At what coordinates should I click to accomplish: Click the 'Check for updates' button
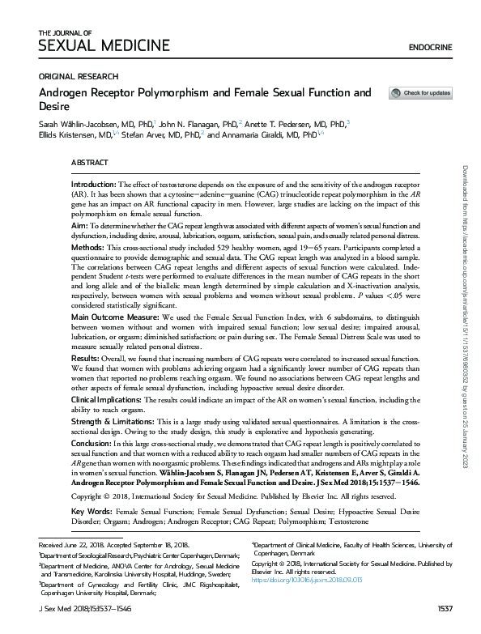coord(420,93)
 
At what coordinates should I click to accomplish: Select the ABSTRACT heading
coord(90,163)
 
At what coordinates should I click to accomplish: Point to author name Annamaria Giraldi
coord(263,135)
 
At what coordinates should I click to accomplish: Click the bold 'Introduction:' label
coord(94,185)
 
